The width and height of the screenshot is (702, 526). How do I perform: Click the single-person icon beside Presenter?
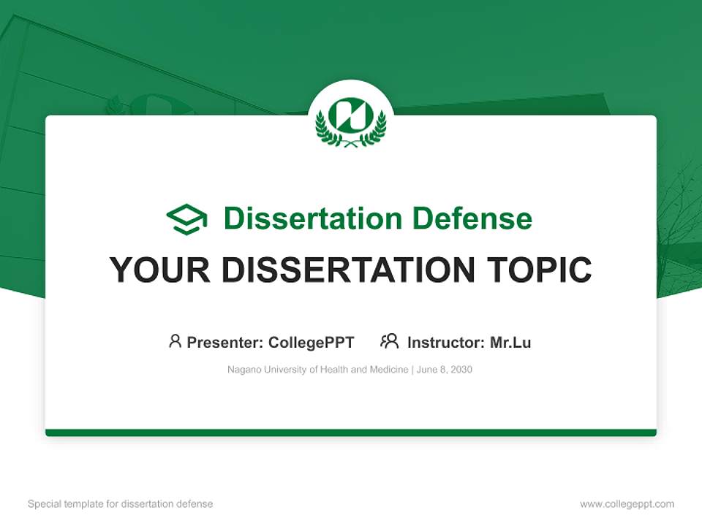coord(175,341)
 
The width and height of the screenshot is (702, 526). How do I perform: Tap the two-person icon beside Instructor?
coord(389,341)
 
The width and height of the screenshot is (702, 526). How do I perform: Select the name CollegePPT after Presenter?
coord(312,342)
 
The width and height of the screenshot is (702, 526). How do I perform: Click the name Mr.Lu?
coord(510,342)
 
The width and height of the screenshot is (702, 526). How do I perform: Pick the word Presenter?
coord(225,342)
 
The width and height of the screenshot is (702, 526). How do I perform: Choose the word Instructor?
coord(445,342)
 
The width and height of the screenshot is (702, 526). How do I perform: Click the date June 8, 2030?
coord(446,370)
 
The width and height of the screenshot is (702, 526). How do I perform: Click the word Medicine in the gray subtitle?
coord(389,370)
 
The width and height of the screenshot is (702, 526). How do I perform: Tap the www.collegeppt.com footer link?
coord(627,504)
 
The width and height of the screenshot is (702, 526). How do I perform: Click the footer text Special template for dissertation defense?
coord(120,504)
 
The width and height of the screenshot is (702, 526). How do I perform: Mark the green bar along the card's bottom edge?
coord(351,432)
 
